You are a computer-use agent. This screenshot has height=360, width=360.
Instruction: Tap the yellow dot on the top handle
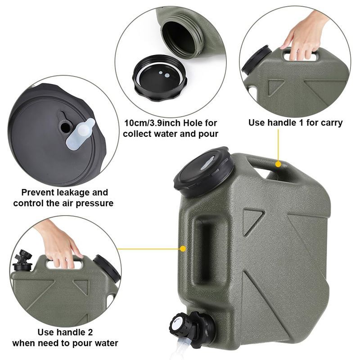click(x=278, y=164)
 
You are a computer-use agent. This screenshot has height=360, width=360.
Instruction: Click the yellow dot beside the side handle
click(x=183, y=249)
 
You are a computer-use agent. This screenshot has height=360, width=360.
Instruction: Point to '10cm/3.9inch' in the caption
click(x=152, y=123)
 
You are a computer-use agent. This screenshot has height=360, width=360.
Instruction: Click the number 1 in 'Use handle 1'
click(x=300, y=122)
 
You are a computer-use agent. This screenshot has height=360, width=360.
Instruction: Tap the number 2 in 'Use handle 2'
click(x=90, y=332)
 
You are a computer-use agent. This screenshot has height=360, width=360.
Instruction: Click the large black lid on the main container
click(x=203, y=172)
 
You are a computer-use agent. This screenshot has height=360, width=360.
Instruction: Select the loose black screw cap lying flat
click(x=160, y=77)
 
